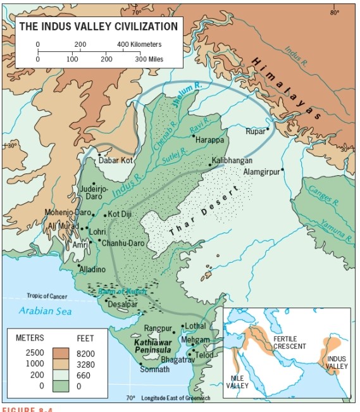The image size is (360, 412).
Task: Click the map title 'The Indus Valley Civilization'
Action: [98, 27]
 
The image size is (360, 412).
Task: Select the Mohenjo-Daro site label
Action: [68, 213]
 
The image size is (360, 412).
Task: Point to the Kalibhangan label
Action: [232, 161]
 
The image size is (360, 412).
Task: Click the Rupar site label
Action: [255, 132]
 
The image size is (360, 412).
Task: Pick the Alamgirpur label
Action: [261, 172]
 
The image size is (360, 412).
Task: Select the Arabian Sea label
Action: [45, 310]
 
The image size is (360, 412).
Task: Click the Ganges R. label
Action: [321, 196]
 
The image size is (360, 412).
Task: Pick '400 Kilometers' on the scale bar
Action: [139, 45]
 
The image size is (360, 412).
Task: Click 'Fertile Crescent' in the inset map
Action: [290, 342]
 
